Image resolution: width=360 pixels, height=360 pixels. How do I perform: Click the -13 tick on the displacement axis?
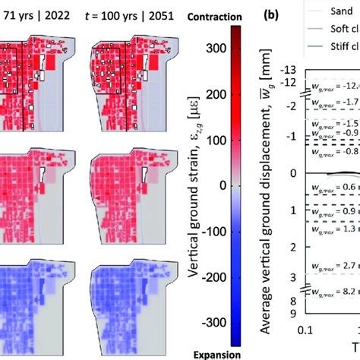point(290,71)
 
